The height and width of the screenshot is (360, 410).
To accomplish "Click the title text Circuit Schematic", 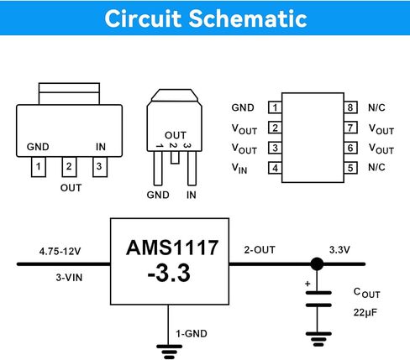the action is pyautogui.click(x=206, y=18).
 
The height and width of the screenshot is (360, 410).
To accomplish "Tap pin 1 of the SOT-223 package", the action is pyautogui.click(x=39, y=167).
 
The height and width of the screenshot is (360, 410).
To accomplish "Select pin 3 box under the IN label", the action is pyautogui.click(x=100, y=167).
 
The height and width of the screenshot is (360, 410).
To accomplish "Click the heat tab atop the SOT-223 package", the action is pyautogui.click(x=69, y=93).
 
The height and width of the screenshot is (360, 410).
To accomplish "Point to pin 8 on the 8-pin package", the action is pyautogui.click(x=350, y=107).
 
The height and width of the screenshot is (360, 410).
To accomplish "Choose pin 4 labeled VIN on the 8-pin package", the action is pyautogui.click(x=275, y=168).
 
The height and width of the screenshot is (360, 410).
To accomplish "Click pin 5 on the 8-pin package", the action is pyautogui.click(x=350, y=168).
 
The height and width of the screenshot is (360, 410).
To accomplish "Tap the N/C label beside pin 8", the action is pyautogui.click(x=376, y=107).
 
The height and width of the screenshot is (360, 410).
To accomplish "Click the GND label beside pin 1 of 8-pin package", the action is pyautogui.click(x=243, y=107).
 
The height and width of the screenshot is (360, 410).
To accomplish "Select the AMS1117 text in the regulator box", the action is pyautogui.click(x=172, y=248).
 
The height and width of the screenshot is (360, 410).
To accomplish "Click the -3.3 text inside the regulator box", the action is pyautogui.click(x=169, y=273).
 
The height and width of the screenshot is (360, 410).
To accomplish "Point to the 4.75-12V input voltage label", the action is pyautogui.click(x=60, y=251).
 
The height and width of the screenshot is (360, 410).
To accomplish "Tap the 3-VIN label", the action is pyautogui.click(x=69, y=278).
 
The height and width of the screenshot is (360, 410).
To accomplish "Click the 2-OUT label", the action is pyautogui.click(x=260, y=250).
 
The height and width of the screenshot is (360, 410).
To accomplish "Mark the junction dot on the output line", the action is pyautogui.click(x=318, y=263).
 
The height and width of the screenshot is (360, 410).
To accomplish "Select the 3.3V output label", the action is pyautogui.click(x=339, y=250).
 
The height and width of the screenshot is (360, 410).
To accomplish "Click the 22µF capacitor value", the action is pyautogui.click(x=365, y=312).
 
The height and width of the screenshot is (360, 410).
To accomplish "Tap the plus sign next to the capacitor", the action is pyautogui.click(x=307, y=284).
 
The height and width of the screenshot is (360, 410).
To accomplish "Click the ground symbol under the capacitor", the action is pyautogui.click(x=318, y=339).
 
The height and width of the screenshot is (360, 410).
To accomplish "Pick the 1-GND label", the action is pyautogui.click(x=192, y=334).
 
